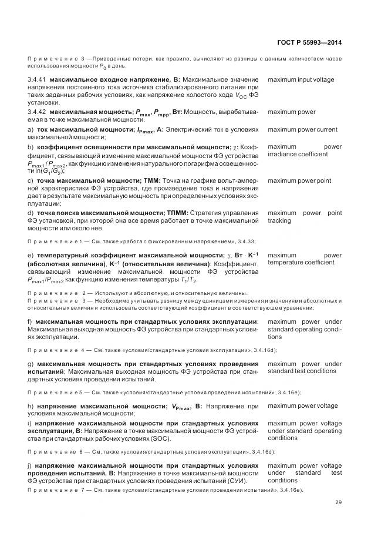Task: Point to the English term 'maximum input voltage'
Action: click(301, 79)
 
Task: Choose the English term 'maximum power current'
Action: click(302, 129)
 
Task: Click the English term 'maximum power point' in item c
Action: click(299, 181)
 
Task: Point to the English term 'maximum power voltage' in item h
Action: click(302, 405)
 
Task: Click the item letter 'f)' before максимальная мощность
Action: click(30, 321)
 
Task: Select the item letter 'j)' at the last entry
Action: click(30, 465)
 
